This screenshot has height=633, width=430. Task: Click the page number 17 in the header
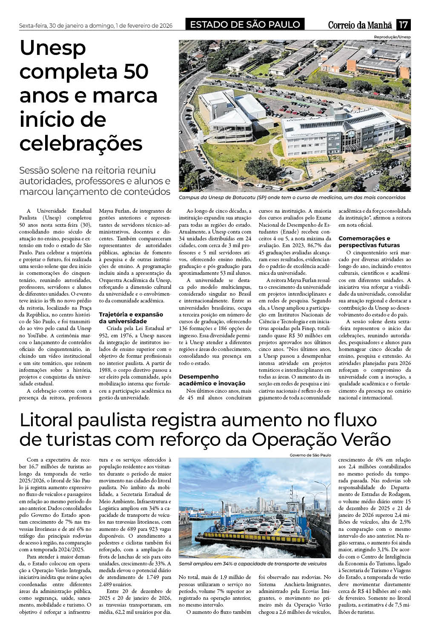click(403, 25)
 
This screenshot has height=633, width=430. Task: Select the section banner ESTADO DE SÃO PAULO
click(245, 25)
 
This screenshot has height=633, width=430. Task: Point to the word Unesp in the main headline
click(53, 48)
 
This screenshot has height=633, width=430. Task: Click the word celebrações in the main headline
click(81, 143)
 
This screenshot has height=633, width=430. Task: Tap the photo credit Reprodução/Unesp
click(392, 37)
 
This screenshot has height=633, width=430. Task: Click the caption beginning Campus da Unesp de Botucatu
click(292, 197)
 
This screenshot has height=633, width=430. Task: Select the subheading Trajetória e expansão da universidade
click(131, 318)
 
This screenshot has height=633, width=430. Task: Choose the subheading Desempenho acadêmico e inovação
click(212, 380)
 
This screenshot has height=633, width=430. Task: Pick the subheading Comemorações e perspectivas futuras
click(369, 242)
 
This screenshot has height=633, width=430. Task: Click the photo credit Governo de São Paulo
click(310, 455)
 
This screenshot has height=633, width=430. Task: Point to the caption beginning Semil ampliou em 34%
click(252, 563)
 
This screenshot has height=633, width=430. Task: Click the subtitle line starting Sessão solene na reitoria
click(87, 170)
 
